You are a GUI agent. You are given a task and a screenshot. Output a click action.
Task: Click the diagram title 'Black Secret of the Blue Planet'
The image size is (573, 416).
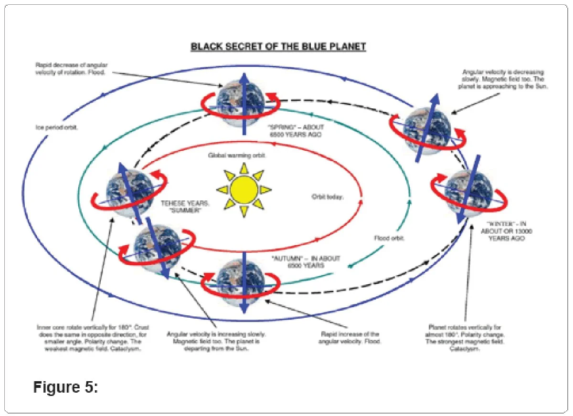coord(278,47)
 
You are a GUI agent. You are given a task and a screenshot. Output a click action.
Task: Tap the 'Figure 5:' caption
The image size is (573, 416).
coord(65,387)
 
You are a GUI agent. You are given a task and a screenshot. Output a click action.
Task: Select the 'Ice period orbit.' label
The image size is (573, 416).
coord(57,128)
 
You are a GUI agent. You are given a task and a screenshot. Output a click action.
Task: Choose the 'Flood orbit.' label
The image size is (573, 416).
coord(389,238)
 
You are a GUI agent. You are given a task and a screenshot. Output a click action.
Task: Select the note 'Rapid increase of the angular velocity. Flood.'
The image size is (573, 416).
coord(350,338)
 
